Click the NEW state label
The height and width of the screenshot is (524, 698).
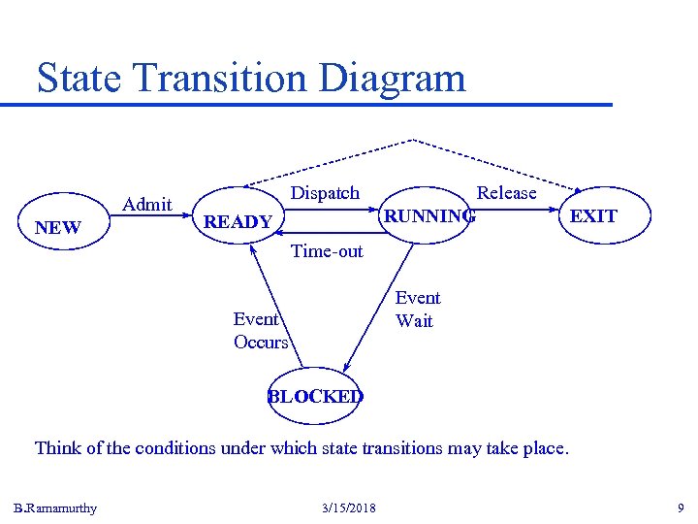point(58,228)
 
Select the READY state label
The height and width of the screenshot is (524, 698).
point(238,222)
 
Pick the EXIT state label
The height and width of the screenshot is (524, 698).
point(593,215)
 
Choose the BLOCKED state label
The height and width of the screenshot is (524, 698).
point(315,396)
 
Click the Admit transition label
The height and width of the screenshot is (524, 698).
point(148,204)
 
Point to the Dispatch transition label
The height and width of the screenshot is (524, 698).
point(325,193)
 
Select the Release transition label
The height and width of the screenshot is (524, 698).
point(506,193)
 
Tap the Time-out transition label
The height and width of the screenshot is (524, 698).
point(327,251)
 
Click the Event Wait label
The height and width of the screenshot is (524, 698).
point(417,310)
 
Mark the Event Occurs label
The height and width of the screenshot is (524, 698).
point(261,330)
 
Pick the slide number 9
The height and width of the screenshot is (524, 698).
point(681,508)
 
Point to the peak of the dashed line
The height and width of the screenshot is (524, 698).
point(414,140)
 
